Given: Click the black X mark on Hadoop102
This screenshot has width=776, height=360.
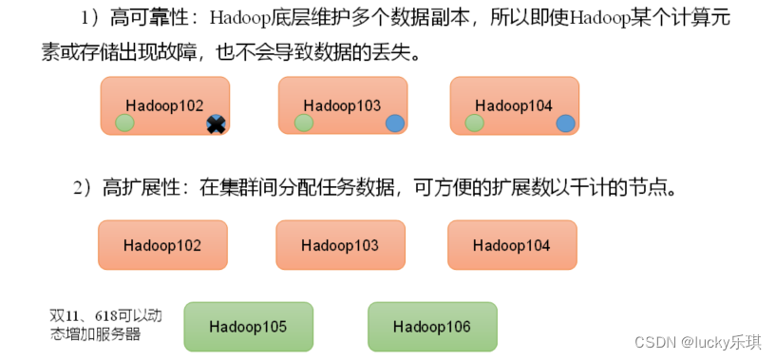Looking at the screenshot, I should click(x=216, y=123).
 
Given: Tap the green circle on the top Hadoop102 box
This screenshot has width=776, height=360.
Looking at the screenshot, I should click(x=124, y=123).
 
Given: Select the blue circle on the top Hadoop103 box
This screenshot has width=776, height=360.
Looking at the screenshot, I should click(x=395, y=123).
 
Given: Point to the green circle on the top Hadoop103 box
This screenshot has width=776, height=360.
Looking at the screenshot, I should click(x=303, y=123).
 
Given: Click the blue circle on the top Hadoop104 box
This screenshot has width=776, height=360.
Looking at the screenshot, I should click(x=565, y=123).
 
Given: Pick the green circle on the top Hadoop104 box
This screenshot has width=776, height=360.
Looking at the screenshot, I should click(x=474, y=123).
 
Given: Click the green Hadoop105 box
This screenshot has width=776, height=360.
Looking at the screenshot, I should click(x=248, y=327).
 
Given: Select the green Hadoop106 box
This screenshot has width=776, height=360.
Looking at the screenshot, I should click(x=432, y=327).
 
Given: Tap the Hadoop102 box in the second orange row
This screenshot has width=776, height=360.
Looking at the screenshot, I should click(x=162, y=245).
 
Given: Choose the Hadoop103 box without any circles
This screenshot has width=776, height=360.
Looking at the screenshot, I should click(x=340, y=245).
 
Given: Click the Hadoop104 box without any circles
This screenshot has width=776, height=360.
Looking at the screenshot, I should click(x=512, y=245).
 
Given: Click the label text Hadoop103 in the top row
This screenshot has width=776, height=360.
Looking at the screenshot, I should click(x=342, y=104).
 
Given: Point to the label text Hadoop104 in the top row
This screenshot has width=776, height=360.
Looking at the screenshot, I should click(x=514, y=104).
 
